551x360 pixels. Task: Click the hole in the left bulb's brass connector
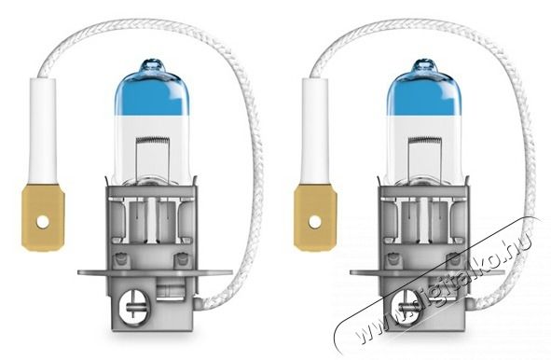(x=43, y=222)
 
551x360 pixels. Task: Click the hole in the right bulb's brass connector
(x=315, y=222)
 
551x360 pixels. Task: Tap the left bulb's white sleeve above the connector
(x=43, y=131)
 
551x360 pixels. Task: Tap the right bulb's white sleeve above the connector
(x=315, y=131)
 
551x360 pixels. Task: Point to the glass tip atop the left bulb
(x=152, y=65)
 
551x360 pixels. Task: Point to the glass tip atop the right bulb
(x=424, y=65)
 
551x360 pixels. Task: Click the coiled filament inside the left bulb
(x=153, y=140)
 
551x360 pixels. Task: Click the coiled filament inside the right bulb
(x=425, y=140)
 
